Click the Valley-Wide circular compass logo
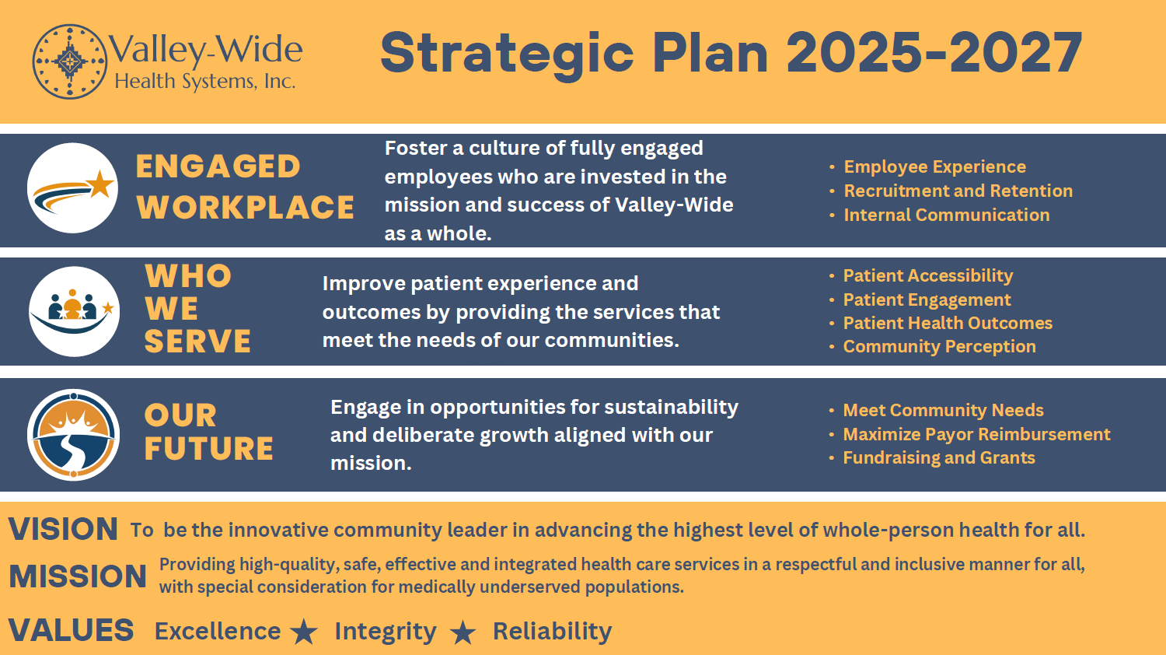70,61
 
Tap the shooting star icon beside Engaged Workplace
72,187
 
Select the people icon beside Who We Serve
74,312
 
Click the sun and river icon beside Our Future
73,435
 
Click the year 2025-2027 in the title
934,53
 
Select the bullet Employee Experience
935,166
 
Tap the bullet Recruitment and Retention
958,191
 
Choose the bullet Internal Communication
947,215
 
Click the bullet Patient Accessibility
928,275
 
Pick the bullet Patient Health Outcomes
948,323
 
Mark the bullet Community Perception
940,346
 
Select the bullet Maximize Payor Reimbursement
977,434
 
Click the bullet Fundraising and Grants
939,457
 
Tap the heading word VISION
63,530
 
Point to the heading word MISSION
78,576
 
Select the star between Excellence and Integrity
303,632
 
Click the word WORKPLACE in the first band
245,208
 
